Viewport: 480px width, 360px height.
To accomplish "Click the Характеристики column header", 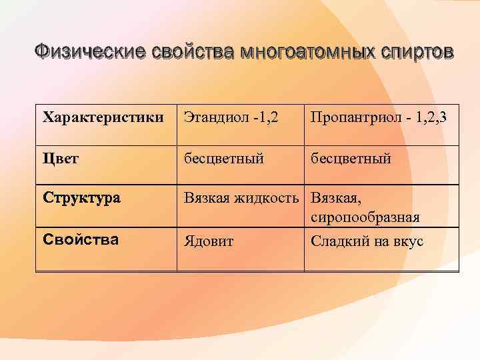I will [x=103, y=118].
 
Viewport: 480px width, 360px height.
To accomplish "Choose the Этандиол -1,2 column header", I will [x=231, y=118].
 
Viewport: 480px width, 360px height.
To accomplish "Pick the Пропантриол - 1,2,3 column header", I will [x=378, y=118].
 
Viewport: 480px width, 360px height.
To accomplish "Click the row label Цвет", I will [x=61, y=159].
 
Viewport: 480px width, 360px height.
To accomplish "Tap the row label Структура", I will [x=81, y=199].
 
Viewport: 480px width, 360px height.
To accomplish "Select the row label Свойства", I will [x=80, y=239].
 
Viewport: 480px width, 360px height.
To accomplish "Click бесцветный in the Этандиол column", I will [x=224, y=159].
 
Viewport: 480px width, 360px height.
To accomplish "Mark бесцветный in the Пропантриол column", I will [x=351, y=159].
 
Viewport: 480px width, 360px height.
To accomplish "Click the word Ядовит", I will [x=209, y=241].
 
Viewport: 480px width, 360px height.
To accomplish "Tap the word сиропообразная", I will [x=365, y=219].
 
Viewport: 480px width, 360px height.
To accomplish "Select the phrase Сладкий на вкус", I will [x=367, y=241].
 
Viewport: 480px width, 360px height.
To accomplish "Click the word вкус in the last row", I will [x=409, y=241].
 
